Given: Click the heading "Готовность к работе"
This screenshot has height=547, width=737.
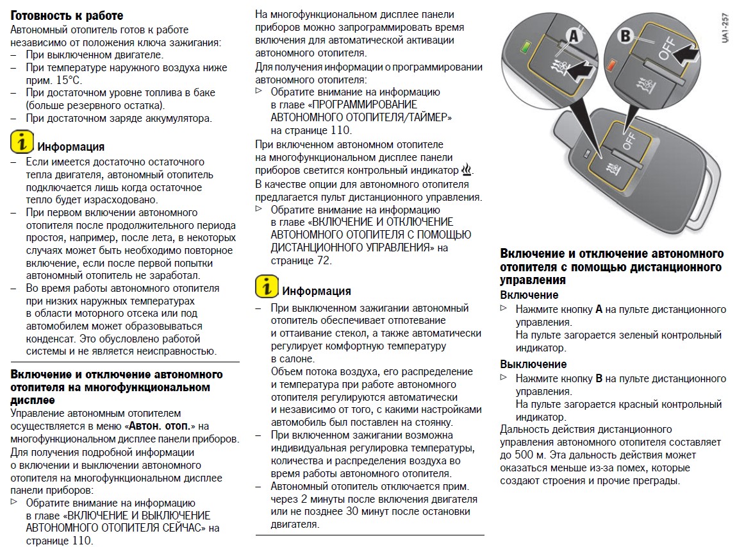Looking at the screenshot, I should coord(67,15).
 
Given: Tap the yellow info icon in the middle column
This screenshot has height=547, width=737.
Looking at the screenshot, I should coord(267,286).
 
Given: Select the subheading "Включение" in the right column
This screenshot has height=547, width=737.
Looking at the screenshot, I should coord(529,295).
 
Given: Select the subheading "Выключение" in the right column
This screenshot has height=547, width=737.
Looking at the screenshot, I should coord(533,364).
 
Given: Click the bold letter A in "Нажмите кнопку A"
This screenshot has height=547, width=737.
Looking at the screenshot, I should coord(599,309).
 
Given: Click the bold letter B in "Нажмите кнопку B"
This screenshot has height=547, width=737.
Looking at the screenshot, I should coord(599,378).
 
